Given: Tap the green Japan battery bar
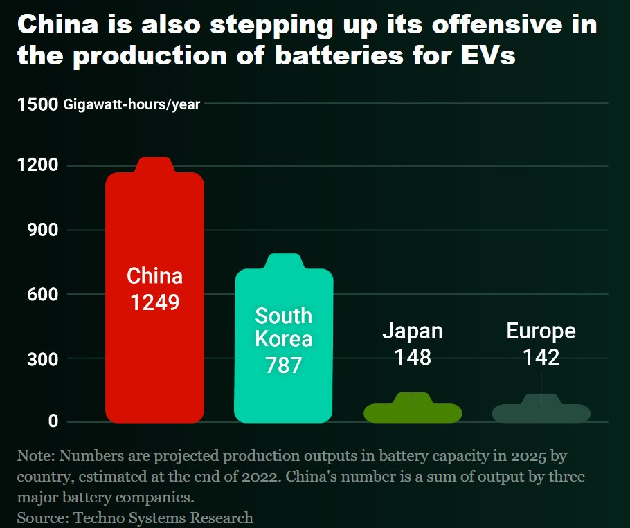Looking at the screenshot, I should [413, 412].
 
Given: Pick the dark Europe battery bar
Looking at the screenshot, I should [541, 412].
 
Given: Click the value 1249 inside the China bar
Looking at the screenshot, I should [154, 302].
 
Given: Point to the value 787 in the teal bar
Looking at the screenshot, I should [284, 365].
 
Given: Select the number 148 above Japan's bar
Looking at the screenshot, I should [413, 357].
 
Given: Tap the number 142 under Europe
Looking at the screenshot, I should [541, 357].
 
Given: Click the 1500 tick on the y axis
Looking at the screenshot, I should [37, 104].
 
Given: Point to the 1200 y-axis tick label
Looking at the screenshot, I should [37, 166].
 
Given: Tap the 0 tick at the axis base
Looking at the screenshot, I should [51, 422].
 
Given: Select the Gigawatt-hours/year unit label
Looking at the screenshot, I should [132, 105].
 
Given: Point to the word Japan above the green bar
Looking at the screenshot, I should [413, 331].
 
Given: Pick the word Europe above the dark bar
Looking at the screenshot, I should [541, 331].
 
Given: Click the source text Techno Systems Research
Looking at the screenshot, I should [163, 517].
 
